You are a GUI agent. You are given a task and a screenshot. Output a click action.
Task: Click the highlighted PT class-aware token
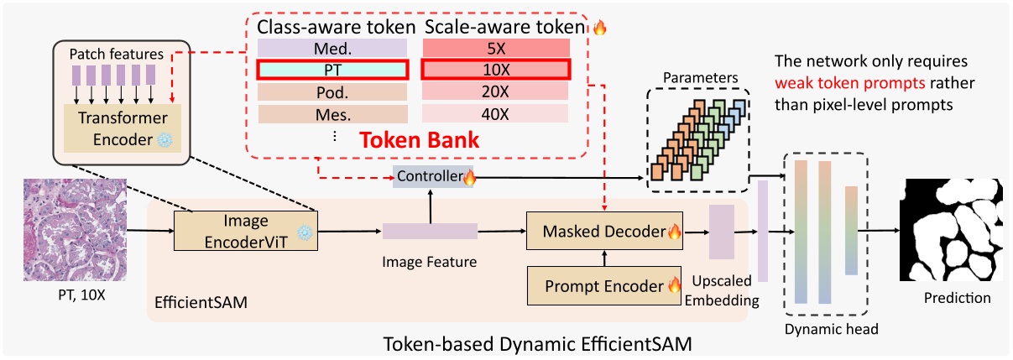pyautogui.click(x=332, y=68)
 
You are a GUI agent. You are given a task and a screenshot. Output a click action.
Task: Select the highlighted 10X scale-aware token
pyautogui.click(x=495, y=68)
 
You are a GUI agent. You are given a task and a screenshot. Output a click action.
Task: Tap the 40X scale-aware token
pyautogui.click(x=495, y=113)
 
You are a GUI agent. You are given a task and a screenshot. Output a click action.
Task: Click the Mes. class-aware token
pyautogui.click(x=332, y=113)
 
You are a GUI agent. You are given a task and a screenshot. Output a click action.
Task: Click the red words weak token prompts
pyautogui.click(x=838, y=84)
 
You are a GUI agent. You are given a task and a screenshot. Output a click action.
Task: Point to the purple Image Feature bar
pyautogui.click(x=430, y=231)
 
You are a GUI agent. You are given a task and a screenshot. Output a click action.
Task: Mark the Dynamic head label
pyautogui.click(x=831, y=330)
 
